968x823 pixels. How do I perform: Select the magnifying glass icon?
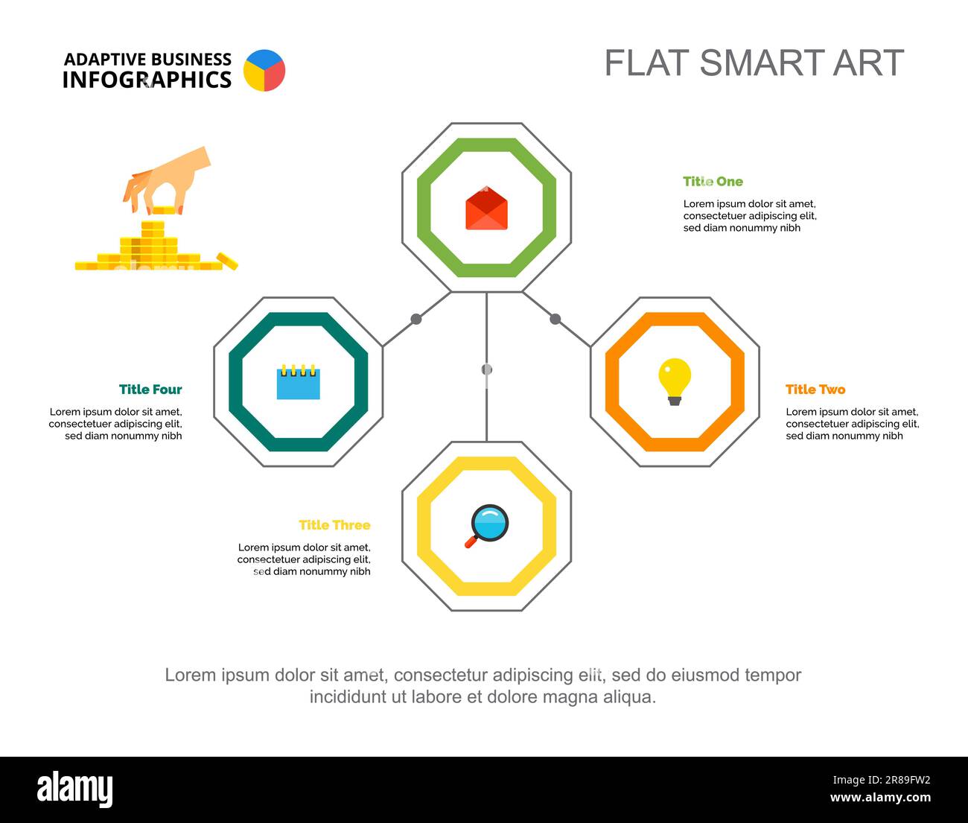tap(488, 525)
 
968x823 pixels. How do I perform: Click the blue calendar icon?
tap(298, 382)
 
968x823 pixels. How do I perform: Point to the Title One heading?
tap(713, 181)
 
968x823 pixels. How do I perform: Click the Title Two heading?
tap(815, 389)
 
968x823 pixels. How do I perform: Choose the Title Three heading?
tap(334, 525)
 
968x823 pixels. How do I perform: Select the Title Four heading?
tap(150, 389)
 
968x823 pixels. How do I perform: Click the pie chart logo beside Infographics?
tap(264, 71)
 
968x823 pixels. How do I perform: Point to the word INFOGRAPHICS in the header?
tap(147, 80)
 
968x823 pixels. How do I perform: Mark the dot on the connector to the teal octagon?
tap(416, 319)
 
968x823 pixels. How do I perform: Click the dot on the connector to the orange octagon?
tap(555, 319)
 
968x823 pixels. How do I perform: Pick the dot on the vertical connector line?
tap(486, 369)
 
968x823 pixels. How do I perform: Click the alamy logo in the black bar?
tap(74, 789)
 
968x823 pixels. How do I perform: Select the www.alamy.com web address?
tap(880, 798)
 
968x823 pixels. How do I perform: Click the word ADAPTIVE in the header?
tap(105, 60)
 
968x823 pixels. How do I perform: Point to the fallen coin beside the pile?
tap(227, 260)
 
